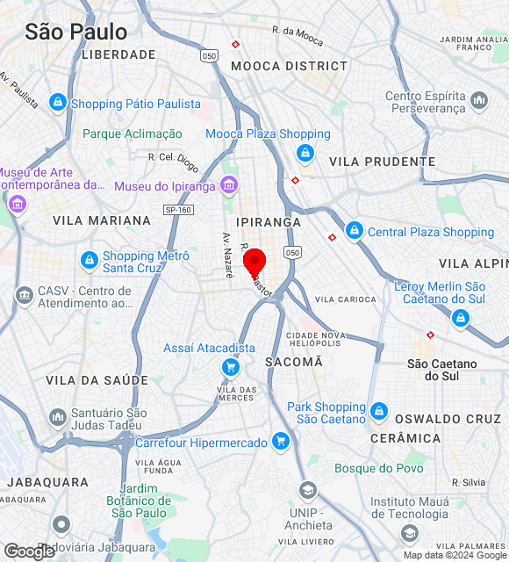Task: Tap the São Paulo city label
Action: (x=75, y=32)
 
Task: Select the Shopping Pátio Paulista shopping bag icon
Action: (x=58, y=103)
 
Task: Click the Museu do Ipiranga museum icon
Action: (x=229, y=184)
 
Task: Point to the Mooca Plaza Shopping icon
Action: (x=305, y=154)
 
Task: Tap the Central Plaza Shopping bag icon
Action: (x=354, y=231)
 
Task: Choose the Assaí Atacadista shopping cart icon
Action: (x=231, y=367)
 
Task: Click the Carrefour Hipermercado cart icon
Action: (x=280, y=441)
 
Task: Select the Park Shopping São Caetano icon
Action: (x=379, y=411)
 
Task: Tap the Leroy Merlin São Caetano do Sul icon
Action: (x=460, y=319)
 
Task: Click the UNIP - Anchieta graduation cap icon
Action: (x=307, y=490)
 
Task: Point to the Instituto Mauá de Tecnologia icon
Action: (x=409, y=533)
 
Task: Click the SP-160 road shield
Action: (x=178, y=210)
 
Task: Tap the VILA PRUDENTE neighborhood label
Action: (x=383, y=162)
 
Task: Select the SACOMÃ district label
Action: (x=293, y=362)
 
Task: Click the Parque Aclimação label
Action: (x=133, y=134)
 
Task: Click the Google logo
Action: (x=29, y=551)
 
